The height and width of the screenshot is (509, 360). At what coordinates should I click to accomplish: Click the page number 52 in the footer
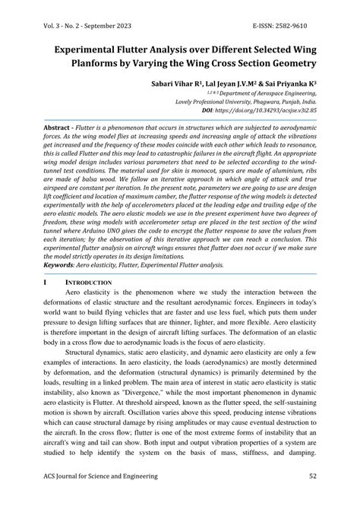coord(312,476)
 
